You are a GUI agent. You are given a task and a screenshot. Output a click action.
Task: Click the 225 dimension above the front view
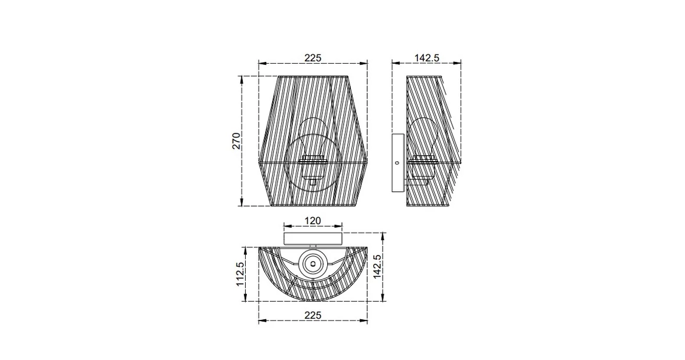click(x=312, y=58)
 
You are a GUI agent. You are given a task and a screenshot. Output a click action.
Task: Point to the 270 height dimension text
click(x=236, y=141)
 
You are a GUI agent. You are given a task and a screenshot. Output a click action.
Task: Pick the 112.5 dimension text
click(x=241, y=274)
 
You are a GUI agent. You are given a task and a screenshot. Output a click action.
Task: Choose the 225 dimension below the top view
click(x=312, y=316)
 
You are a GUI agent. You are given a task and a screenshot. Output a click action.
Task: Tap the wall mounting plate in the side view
click(x=397, y=162)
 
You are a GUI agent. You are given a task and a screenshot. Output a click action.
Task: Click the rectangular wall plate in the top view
click(x=313, y=238)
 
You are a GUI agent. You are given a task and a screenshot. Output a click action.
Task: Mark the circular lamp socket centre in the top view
click(x=313, y=263)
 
